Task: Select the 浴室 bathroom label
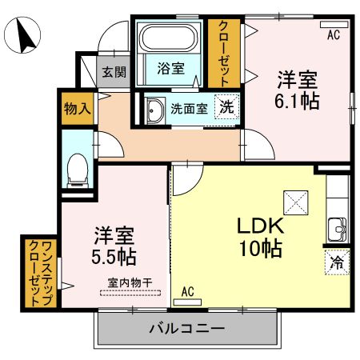[x=170, y=69]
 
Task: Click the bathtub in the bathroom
[x=170, y=39]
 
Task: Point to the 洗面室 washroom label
[x=190, y=108]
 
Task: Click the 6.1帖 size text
[x=298, y=101]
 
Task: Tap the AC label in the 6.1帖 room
[x=334, y=34]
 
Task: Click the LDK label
[x=255, y=226]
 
